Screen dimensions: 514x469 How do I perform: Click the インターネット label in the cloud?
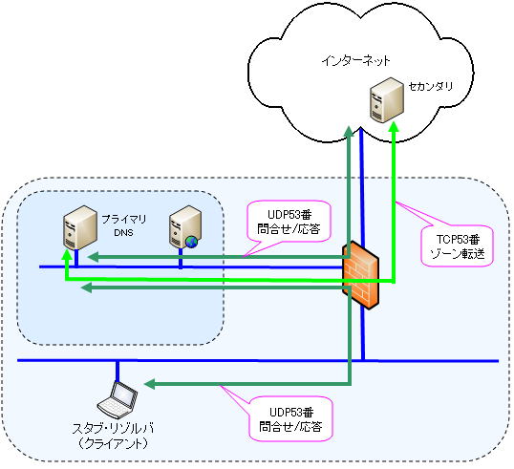point(355,61)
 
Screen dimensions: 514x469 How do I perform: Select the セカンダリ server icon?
point(387,100)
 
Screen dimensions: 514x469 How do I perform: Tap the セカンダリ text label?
point(431,86)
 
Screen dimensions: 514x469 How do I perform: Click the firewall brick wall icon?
point(360,275)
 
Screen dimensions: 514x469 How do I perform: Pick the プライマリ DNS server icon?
point(80,227)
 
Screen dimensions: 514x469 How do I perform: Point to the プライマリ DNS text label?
point(124,225)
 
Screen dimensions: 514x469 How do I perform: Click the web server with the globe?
point(185,227)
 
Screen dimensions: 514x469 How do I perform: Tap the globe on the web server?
point(191,242)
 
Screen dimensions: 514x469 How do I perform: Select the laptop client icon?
point(118,398)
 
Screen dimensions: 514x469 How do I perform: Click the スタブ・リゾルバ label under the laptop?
point(113,429)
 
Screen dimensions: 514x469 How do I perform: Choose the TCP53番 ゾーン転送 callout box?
point(457,245)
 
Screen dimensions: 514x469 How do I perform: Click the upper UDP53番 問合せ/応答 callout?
point(289,222)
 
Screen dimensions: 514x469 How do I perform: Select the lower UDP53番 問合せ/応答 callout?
point(290,419)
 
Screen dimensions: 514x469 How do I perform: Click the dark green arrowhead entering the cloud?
point(349,131)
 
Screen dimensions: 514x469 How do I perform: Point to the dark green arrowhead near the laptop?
point(149,384)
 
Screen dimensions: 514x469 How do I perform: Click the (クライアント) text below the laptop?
point(113,444)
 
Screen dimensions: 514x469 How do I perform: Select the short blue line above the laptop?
point(118,371)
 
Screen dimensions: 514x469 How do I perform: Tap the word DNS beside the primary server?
point(123,233)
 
